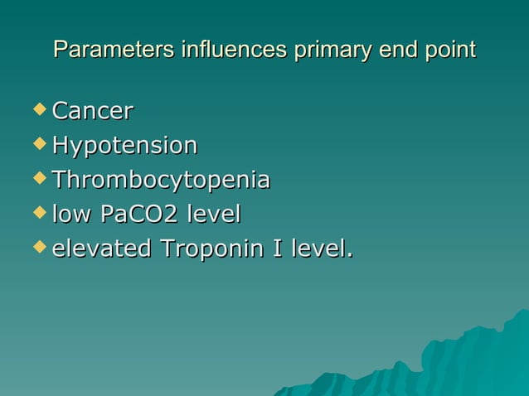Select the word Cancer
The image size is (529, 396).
93,111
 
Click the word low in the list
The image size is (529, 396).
71,215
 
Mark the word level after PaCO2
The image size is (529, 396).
213,215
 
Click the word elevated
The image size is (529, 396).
101,249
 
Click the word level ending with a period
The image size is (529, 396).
319,249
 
